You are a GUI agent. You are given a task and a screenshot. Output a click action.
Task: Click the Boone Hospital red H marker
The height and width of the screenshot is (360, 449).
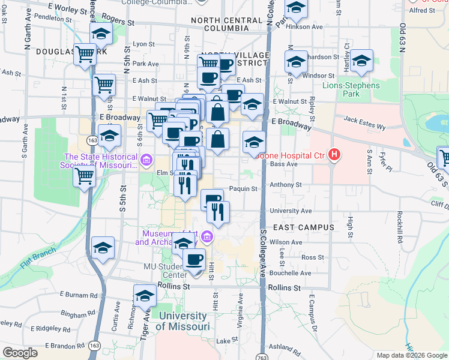point(334,155)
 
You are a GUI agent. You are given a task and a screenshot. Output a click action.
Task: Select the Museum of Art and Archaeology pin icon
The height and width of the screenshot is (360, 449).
point(207,236)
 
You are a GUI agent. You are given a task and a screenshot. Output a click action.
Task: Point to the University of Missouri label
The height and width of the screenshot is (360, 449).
point(182,321)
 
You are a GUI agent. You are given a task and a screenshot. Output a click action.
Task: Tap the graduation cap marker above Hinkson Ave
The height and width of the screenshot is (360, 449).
point(296,9)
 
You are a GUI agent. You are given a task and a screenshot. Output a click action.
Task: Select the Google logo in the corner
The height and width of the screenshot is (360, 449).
point(20,353)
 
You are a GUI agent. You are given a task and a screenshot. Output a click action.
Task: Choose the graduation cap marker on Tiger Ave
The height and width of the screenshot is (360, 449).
point(145,296)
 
